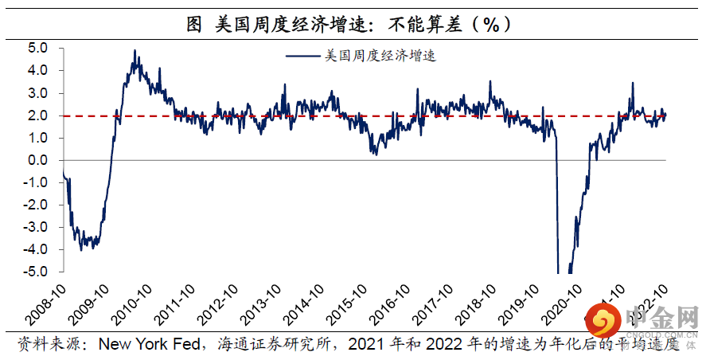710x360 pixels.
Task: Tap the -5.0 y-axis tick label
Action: [37, 272]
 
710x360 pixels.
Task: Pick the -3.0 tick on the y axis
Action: [37, 228]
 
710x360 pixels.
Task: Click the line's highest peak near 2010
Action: [135, 51]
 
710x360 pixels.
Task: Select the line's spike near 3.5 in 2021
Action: [633, 83]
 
